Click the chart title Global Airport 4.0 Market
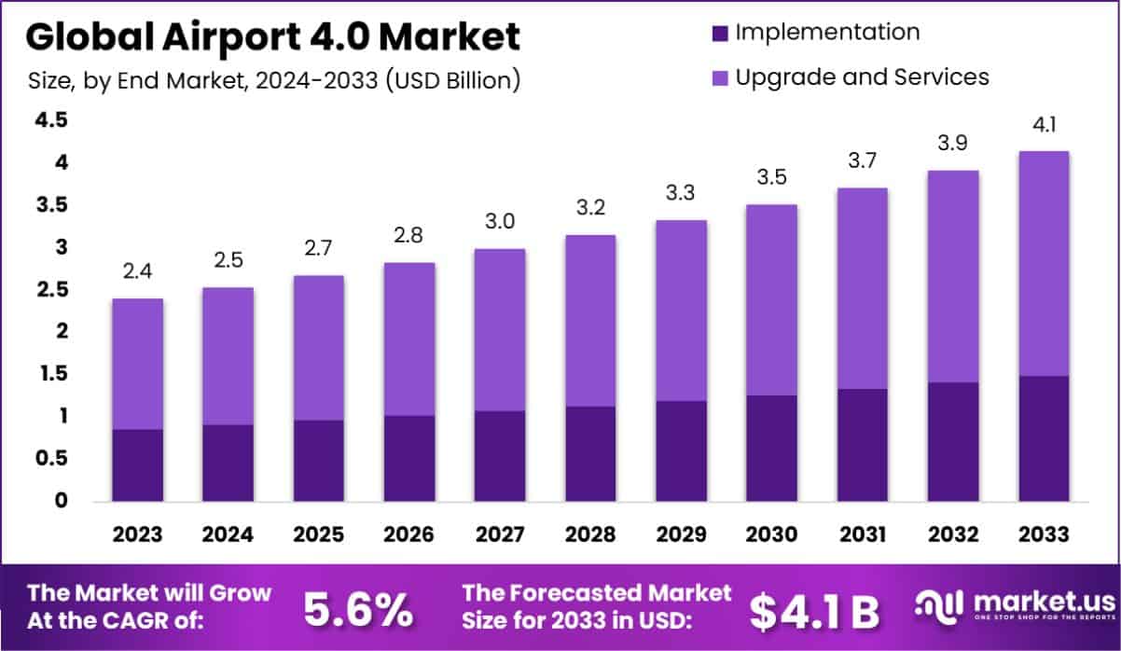tap(271, 37)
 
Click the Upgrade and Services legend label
tap(862, 76)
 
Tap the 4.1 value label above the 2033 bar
tap(1044, 125)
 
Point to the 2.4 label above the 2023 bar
tap(138, 272)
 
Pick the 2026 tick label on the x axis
tap(409, 534)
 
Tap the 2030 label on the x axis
tap(771, 534)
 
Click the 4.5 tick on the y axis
tap(51, 120)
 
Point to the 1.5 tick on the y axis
tap(51, 374)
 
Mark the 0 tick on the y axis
tap(61, 501)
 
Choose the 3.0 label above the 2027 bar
tap(500, 222)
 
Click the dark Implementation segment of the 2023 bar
tap(138, 464)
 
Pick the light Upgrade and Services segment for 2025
tap(319, 347)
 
